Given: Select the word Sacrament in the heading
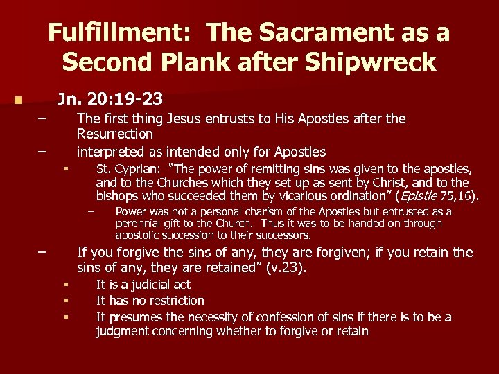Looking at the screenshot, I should point(332,33).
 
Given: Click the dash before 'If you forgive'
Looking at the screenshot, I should point(42,252).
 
